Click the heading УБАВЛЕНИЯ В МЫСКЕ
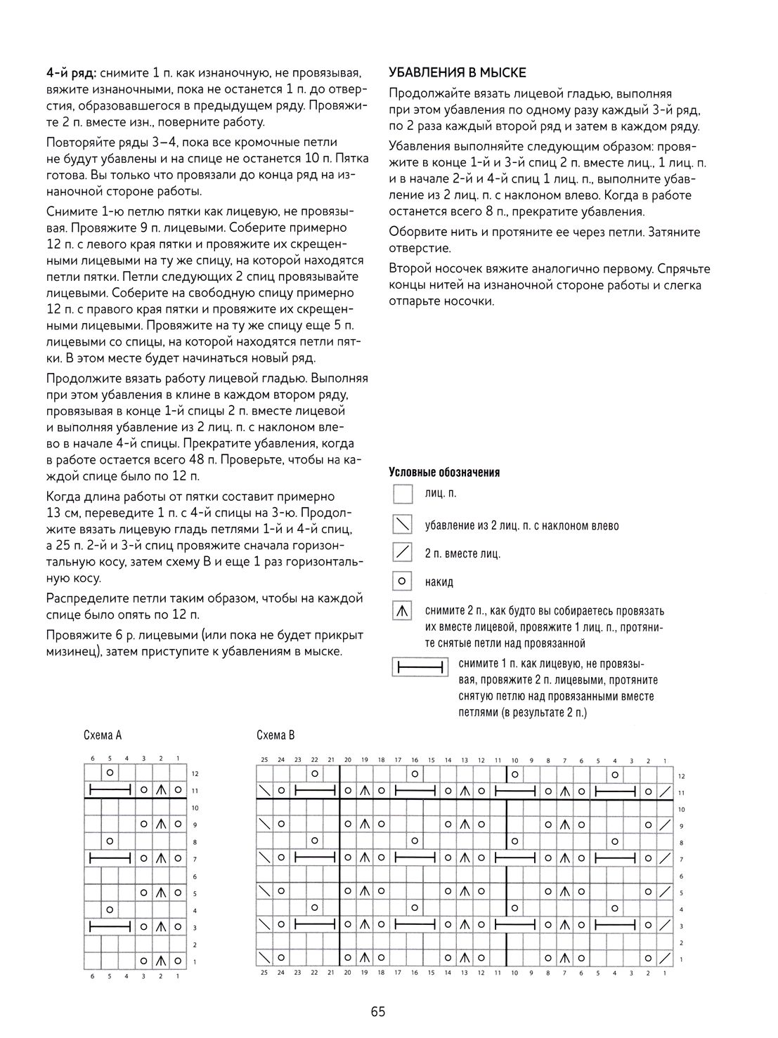click(x=458, y=73)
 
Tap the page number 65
click(x=378, y=1012)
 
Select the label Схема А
click(x=103, y=735)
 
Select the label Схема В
click(x=275, y=735)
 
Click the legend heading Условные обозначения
click(x=444, y=473)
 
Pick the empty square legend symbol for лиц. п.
click(x=403, y=494)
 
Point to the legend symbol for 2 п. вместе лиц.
click(x=403, y=553)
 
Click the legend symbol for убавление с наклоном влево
click(x=403, y=524)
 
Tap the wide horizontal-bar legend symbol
click(x=420, y=666)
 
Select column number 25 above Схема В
click(x=264, y=760)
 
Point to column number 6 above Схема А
click(x=92, y=758)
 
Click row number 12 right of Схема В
click(x=681, y=776)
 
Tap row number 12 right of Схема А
click(x=195, y=774)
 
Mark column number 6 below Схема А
click(x=92, y=976)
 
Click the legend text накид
click(x=439, y=582)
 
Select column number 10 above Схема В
click(x=514, y=760)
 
